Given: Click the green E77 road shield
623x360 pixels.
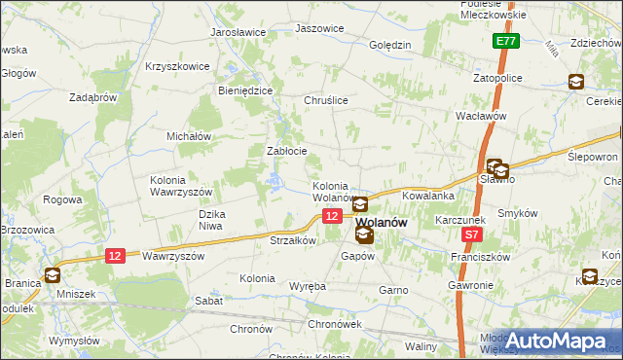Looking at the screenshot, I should click(504, 42).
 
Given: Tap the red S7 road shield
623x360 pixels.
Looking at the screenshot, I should click(472, 234).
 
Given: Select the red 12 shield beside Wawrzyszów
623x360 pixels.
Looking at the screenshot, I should click(116, 255).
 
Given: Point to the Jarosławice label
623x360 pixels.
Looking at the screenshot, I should click(238, 32).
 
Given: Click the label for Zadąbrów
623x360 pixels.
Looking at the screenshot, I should click(93, 97).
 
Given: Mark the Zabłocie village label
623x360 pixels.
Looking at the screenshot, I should click(287, 151).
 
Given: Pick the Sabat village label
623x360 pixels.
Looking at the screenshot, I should click(208, 302).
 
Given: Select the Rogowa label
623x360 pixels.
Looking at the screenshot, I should click(62, 199).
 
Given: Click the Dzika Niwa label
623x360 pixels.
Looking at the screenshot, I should click(212, 220).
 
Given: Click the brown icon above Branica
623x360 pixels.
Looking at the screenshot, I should click(51, 275).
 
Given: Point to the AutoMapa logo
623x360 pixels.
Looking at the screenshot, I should click(558, 341).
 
